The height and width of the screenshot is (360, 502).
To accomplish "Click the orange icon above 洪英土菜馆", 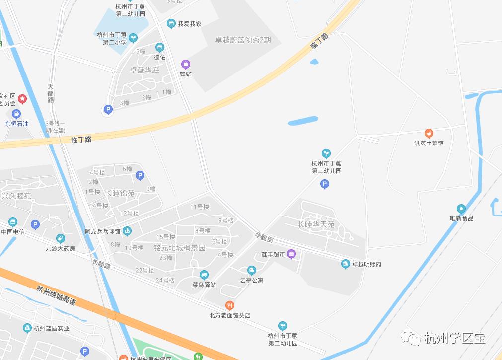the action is click(x=429, y=133).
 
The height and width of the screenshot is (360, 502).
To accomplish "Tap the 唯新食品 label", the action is click(x=461, y=218).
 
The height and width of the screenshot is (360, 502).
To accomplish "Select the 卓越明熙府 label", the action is click(x=366, y=264).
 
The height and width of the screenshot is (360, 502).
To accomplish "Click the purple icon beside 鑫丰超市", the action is click(x=291, y=254).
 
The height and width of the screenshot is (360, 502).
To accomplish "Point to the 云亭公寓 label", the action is click(x=252, y=280).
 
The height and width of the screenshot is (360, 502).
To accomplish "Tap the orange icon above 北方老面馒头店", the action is click(x=229, y=305).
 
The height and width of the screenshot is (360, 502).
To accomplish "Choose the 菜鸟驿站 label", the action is click(x=204, y=285).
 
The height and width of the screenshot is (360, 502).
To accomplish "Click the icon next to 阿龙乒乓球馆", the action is click(x=127, y=231).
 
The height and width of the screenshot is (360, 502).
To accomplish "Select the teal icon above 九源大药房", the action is click(x=61, y=239).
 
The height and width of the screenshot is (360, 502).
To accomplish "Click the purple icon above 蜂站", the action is click(x=185, y=64).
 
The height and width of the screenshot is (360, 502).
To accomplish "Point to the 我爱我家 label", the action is click(x=189, y=24).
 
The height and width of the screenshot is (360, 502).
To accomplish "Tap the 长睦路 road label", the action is click(x=101, y=263).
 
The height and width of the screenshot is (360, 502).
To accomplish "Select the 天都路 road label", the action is click(x=51, y=93).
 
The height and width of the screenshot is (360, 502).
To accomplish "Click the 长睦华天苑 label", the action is click(x=316, y=224).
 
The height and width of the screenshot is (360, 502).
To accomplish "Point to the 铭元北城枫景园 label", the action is click(x=172, y=248).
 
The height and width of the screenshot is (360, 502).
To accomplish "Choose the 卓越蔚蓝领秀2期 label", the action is click(x=243, y=40).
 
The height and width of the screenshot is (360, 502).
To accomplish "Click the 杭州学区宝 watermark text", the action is click(x=455, y=338).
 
